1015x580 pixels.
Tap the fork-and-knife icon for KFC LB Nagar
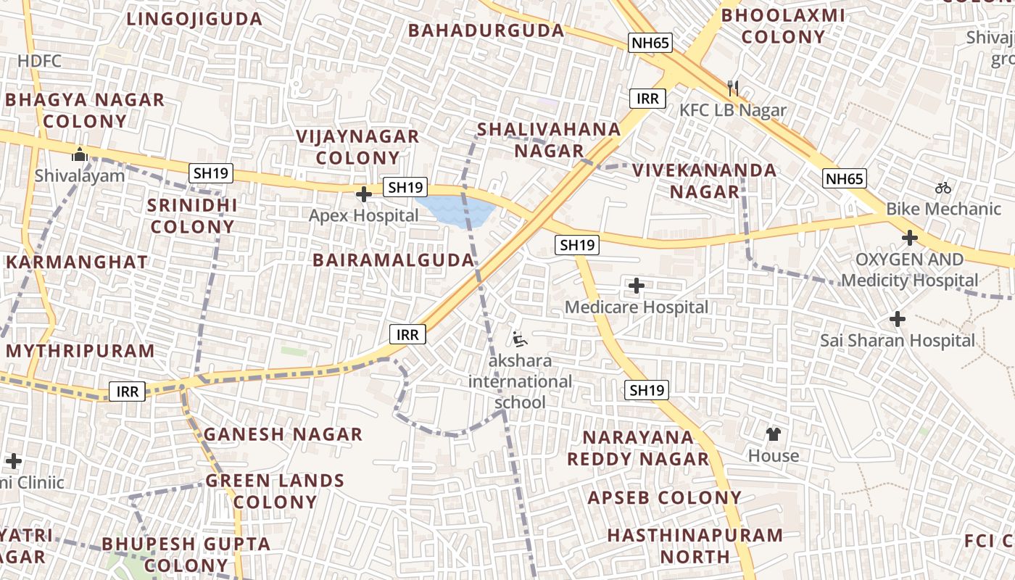coord(733,88)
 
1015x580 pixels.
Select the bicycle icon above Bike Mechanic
coord(942,188)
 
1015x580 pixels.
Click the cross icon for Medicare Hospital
coord(636,286)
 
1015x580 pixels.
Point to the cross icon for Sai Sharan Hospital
coord(898,318)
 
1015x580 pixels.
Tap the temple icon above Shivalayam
coord(80,154)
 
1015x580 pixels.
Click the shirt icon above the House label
coord(774,434)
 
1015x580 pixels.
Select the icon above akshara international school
coord(519,339)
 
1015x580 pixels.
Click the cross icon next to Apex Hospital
coord(364,194)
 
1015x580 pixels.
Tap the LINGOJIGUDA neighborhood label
coord(194,19)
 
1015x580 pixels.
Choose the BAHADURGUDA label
coord(486,30)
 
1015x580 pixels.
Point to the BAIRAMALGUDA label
coord(394,260)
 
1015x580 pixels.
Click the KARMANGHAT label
coord(77,262)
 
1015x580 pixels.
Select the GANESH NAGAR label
coord(283,434)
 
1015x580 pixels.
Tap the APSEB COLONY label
coord(664,498)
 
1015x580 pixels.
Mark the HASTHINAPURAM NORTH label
coord(695,546)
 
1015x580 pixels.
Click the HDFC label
coord(40,61)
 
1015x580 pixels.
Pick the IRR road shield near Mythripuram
coord(128,392)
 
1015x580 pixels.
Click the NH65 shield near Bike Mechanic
coord(845,178)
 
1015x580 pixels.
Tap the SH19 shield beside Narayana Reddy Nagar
coord(647,390)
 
